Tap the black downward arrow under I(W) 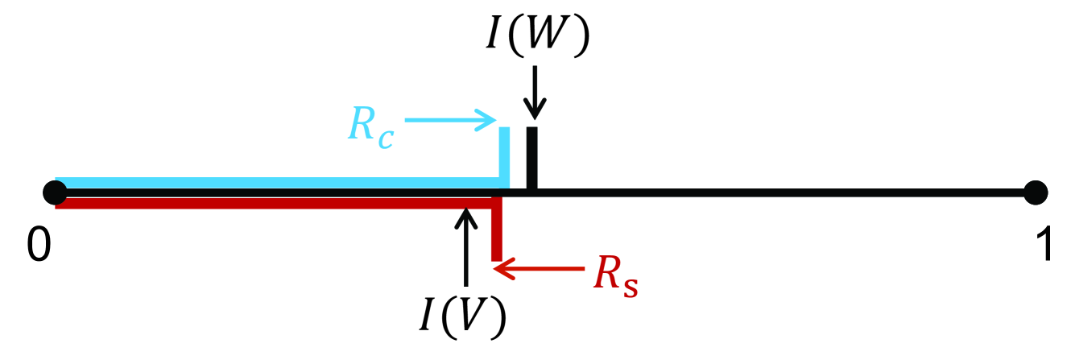pos(534,96)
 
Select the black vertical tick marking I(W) pos(531,158)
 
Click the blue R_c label pos(370,126)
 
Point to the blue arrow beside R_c pos(451,121)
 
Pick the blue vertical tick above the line pos(505,155)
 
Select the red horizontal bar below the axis pos(274,202)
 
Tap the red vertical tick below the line pos(497,234)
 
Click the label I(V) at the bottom pos(462,317)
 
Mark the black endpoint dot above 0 pos(55,193)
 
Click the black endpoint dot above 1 pos(1036,193)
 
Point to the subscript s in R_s pos(631,283)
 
